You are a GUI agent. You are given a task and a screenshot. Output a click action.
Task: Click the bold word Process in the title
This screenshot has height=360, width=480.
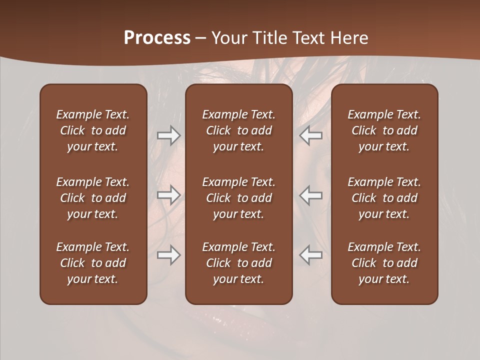pos(157,38)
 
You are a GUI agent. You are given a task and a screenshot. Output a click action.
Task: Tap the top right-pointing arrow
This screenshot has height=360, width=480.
pos(168,135)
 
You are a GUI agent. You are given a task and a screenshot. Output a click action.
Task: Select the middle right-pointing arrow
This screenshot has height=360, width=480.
pos(168,195)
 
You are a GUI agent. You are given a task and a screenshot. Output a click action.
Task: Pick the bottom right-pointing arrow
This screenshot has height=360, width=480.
pos(168,255)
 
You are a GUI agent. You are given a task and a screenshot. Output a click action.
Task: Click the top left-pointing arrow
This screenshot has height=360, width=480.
pos(311,135)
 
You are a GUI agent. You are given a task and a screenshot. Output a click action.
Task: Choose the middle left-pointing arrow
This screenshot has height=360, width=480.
pos(311,195)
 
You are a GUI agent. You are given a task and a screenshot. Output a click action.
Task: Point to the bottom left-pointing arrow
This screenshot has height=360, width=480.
pos(311,255)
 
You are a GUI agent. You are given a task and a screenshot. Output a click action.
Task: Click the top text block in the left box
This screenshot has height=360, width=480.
pos(93,130)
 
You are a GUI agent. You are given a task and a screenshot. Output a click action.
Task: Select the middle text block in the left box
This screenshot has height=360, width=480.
pos(93,198)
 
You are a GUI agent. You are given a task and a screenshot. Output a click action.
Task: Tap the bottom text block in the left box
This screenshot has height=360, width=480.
pos(93,263)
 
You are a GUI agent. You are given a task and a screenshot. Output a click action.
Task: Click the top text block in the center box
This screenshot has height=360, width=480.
pos(239,130)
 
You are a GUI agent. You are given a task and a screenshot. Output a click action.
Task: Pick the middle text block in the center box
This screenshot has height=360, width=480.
pos(239,198)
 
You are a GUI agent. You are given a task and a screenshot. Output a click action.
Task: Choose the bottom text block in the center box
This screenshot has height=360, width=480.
pos(239,263)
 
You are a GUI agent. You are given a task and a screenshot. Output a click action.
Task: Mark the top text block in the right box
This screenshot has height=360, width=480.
pos(384,130)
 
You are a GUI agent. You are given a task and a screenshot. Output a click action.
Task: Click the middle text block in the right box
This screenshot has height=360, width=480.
pos(384,198)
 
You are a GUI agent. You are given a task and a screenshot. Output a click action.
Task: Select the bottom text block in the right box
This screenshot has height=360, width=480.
pos(384,263)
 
